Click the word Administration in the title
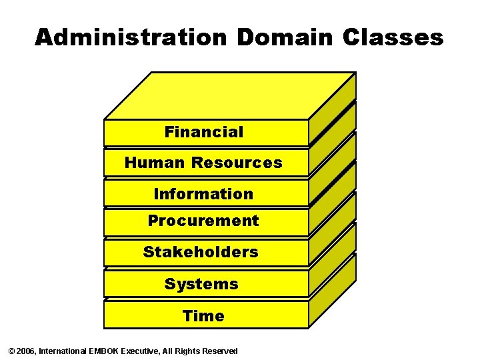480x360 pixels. tap(132, 37)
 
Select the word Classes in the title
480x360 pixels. tap(393, 37)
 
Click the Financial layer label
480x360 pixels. tap(204, 132)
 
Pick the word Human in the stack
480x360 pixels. tap(155, 163)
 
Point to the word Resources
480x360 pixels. tap(237, 163)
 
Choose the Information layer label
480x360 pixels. tap(203, 194)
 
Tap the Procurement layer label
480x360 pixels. tap(203, 221)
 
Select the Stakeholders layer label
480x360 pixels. tap(201, 252)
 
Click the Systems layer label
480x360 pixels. tap(201, 284)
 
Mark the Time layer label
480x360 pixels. tap(203, 316)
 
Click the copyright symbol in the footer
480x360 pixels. tap(10, 351)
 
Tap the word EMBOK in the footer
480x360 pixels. tap(103, 351)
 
